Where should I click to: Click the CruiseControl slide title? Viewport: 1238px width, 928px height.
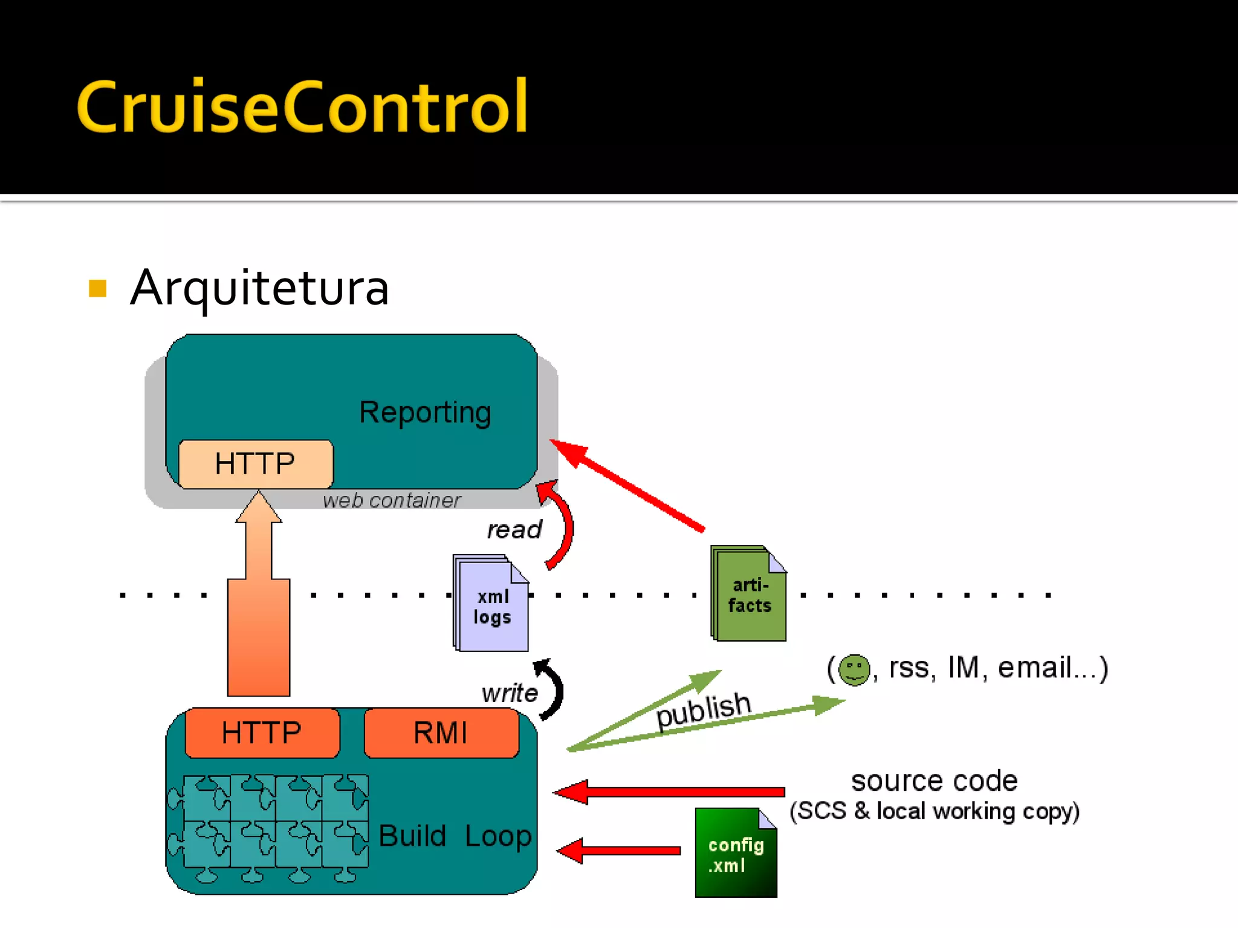(302, 108)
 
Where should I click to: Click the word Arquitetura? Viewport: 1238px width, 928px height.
(259, 288)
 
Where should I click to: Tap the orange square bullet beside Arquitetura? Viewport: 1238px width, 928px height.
(97, 288)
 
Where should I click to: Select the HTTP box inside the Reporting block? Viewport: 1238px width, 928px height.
(255, 464)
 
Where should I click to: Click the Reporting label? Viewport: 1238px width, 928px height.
(425, 413)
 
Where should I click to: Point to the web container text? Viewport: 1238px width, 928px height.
(391, 500)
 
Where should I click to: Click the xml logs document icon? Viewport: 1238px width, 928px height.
(491, 604)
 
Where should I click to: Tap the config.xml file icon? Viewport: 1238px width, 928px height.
(736, 853)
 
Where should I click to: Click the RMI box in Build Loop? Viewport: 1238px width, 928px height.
(441, 733)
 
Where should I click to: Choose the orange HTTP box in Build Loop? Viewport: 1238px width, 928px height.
(262, 733)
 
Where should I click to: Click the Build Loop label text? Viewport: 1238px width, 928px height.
(455, 837)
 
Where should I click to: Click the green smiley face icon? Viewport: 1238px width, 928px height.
(854, 669)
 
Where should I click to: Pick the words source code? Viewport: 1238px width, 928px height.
(934, 781)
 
